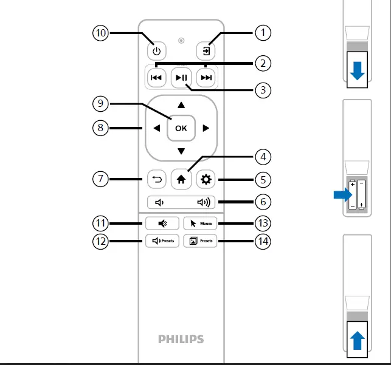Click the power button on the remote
(x=156, y=51)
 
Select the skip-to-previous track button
(x=156, y=77)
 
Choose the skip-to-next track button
(x=207, y=77)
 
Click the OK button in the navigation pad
(x=181, y=128)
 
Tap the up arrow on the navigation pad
(x=181, y=105)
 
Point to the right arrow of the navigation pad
(x=206, y=128)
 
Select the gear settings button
(x=206, y=179)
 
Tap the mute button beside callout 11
(x=162, y=223)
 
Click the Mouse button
(x=200, y=223)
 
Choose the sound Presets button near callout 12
(x=162, y=241)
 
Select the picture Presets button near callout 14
(x=200, y=241)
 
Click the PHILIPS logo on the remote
(x=181, y=339)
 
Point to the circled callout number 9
(x=101, y=104)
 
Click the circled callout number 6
(x=263, y=202)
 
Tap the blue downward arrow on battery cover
(x=358, y=71)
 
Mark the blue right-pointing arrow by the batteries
(x=343, y=195)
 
